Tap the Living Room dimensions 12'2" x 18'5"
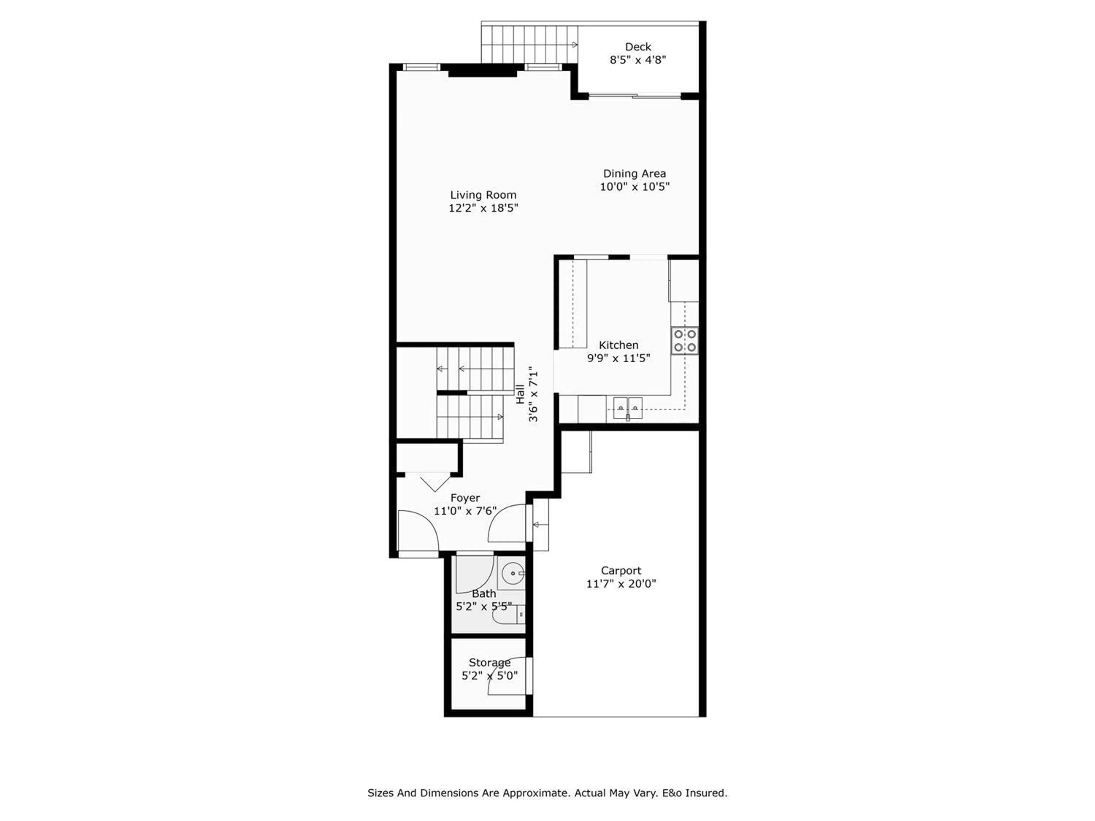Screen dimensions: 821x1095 click(x=483, y=208)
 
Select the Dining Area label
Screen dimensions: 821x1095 click(x=634, y=174)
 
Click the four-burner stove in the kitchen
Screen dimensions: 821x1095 click(x=685, y=341)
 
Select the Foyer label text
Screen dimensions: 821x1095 click(x=465, y=498)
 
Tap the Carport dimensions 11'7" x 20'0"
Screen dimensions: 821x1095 click(x=621, y=584)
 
